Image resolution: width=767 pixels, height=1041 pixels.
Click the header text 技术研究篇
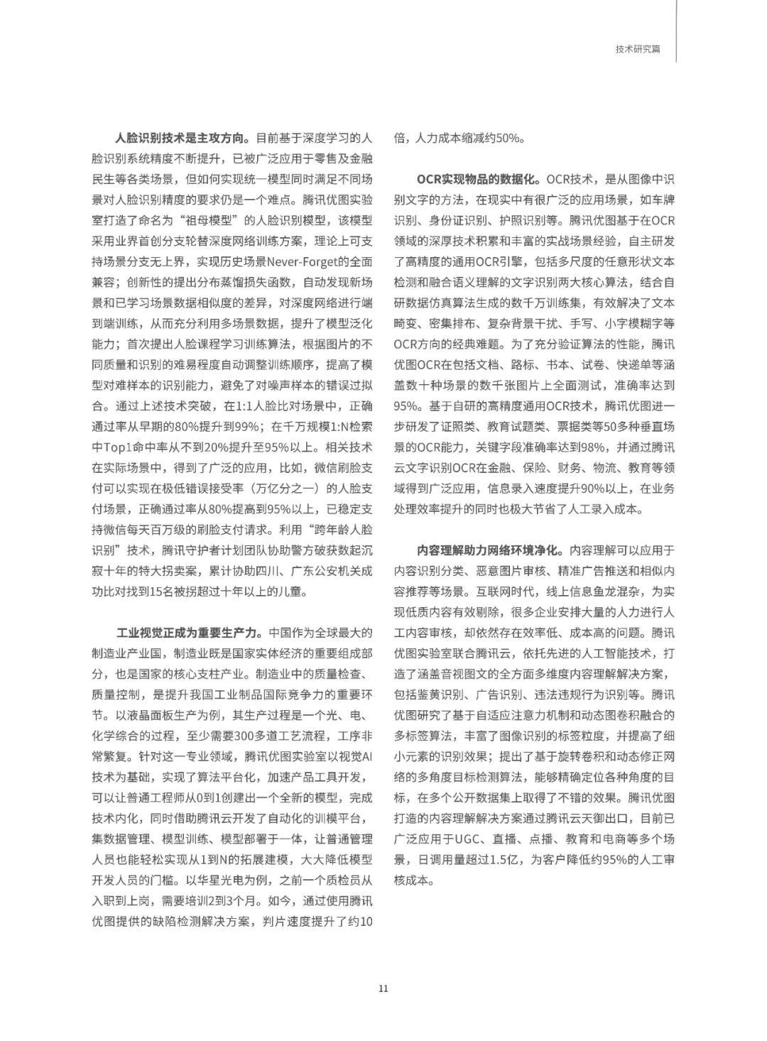pyautogui.click(x=638, y=49)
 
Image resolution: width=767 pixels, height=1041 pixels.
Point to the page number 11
pyautogui.click(x=383, y=988)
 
